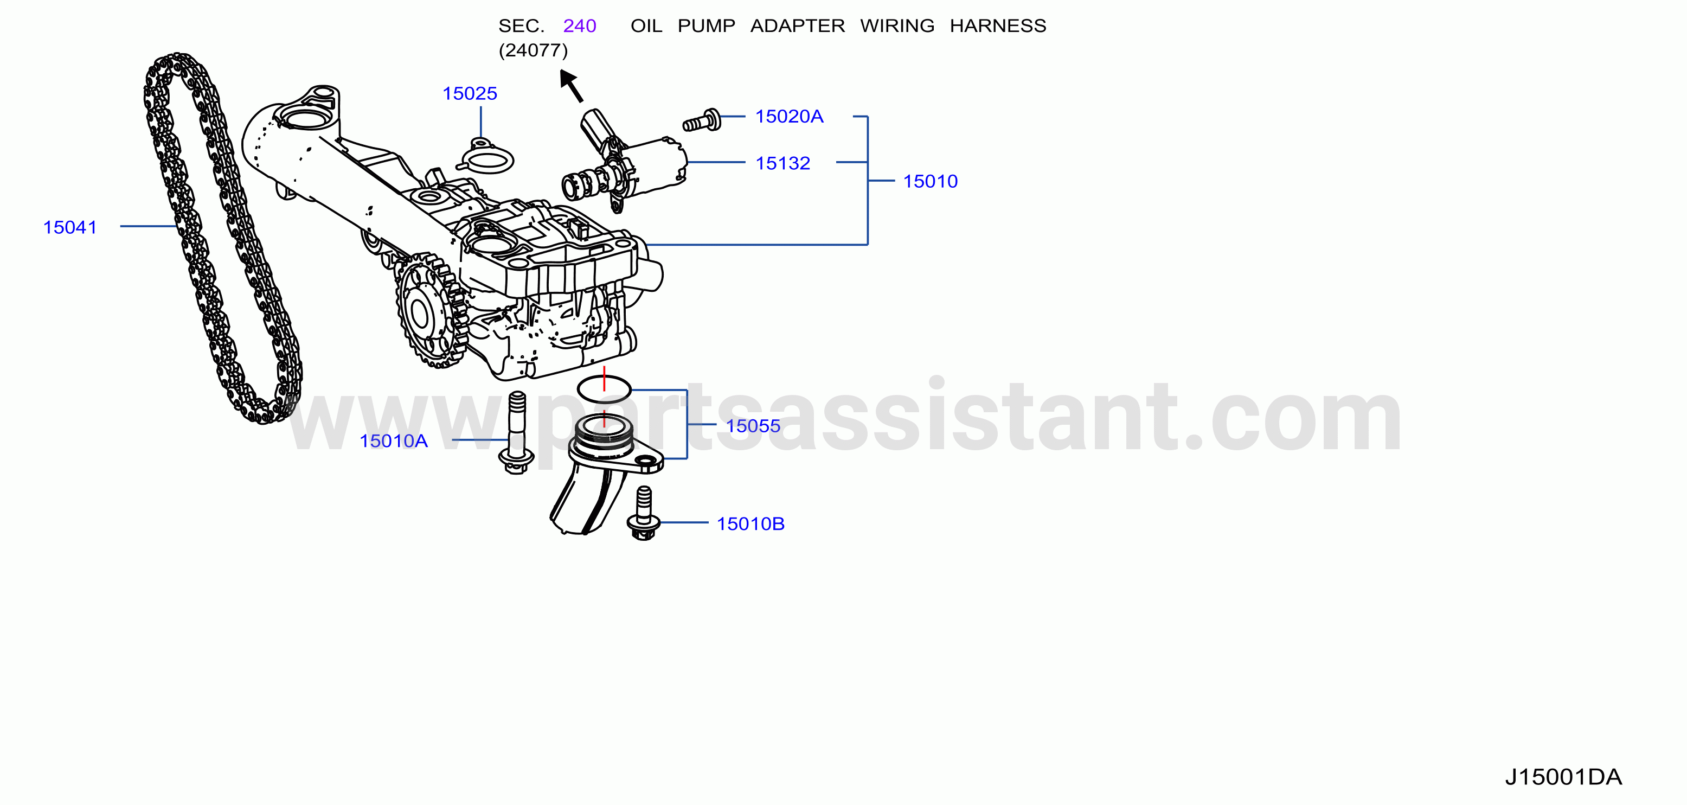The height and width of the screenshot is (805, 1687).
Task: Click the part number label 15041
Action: click(x=70, y=227)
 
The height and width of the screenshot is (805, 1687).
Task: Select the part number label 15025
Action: click(x=470, y=94)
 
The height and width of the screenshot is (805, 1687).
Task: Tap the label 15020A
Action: click(x=789, y=117)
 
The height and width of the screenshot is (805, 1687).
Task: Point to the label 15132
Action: click(x=782, y=163)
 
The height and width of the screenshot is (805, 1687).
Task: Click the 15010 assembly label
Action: click(x=930, y=181)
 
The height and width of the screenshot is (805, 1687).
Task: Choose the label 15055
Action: click(x=753, y=426)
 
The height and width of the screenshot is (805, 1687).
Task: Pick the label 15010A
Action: click(x=394, y=441)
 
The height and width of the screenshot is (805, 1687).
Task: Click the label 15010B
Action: click(x=751, y=524)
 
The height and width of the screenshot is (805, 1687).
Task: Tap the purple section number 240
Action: click(x=580, y=26)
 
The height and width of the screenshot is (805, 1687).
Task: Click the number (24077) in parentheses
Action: click(x=533, y=50)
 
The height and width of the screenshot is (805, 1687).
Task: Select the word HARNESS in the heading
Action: click(x=998, y=26)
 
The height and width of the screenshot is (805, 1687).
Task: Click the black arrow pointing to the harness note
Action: click(x=570, y=86)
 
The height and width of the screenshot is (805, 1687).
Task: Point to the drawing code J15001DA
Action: click(x=1563, y=777)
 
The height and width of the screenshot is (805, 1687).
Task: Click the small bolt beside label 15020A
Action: click(x=701, y=121)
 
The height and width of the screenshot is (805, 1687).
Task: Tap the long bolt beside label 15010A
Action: click(x=517, y=432)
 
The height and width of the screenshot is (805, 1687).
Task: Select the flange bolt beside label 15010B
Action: click(x=644, y=514)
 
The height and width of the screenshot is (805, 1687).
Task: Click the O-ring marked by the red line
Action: click(x=604, y=389)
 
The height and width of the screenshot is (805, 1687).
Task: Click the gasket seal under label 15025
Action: click(x=486, y=157)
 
